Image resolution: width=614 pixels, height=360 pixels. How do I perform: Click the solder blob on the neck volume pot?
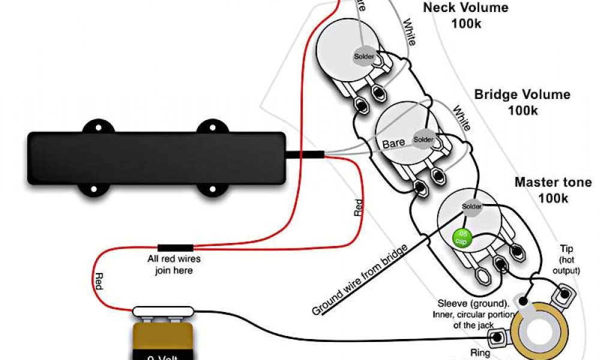point(364,56)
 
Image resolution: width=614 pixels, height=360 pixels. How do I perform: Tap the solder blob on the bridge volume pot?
point(423,139)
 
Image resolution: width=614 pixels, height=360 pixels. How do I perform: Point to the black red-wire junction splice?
point(175,247)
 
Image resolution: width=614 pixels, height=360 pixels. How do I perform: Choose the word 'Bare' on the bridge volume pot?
point(393,143)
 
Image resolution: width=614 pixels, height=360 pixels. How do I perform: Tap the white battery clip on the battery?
point(163,312)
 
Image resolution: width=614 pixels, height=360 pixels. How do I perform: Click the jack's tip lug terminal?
point(564,294)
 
